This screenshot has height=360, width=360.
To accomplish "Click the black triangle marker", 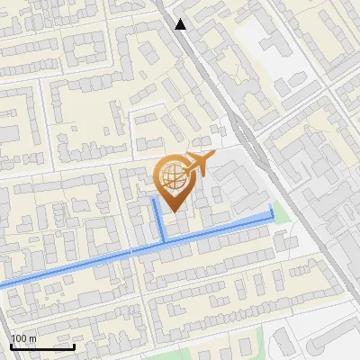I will (x=181, y=24).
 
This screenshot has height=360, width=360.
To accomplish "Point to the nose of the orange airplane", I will (x=214, y=158).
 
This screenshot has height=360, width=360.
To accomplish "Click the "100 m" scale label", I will (x=24, y=338).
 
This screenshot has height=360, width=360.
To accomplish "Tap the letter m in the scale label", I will (x=33, y=338).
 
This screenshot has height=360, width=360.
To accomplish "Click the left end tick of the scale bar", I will (x=12, y=344).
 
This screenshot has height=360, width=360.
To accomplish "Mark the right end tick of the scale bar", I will (x=74, y=344).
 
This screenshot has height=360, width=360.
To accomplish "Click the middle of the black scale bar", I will (x=42, y=346).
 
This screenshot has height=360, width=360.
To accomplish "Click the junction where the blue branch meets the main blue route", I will (x=164, y=241).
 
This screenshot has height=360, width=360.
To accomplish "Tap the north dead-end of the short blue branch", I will (x=154, y=200).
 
